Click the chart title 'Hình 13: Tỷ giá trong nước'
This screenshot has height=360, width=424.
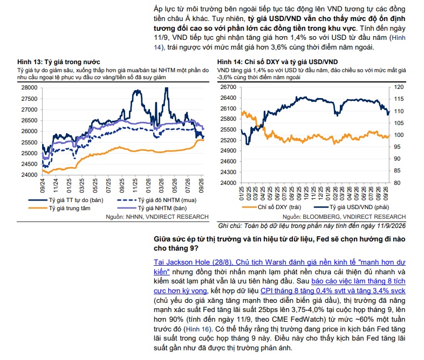pyautogui.click(x=59, y=62)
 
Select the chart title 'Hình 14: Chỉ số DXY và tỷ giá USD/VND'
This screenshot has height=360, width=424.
pyautogui.click(x=277, y=62)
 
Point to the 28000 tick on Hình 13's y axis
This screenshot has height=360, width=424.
pyautogui.click(x=29, y=87)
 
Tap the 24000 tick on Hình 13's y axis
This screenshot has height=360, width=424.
pyautogui.click(x=29, y=175)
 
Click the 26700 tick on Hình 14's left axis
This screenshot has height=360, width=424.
pyautogui.click(x=229, y=87)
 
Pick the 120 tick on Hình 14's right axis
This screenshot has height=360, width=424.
pyautogui.click(x=399, y=87)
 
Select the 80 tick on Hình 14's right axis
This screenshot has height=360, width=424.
pyautogui.click(x=397, y=183)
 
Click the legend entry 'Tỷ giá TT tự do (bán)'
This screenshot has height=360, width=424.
pyautogui.click(x=76, y=200)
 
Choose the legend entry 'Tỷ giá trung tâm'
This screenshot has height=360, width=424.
pyautogui.click(x=70, y=208)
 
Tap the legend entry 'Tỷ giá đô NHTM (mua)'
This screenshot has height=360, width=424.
pyautogui.click(x=167, y=200)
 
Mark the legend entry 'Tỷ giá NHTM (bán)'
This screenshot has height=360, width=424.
pyautogui.click(x=162, y=208)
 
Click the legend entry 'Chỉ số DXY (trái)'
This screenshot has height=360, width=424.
pyautogui.click(x=279, y=207)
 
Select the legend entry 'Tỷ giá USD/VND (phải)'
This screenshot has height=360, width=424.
pyautogui.click(x=359, y=207)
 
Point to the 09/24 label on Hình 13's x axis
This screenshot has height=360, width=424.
pyautogui.click(x=43, y=185)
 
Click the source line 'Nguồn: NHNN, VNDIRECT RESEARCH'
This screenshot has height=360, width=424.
pyautogui.click(x=157, y=217)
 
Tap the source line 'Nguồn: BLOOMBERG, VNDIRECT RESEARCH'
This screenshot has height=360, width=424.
pyautogui.click(x=344, y=217)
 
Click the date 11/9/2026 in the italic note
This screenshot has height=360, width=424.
pyautogui.click(x=391, y=226)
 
